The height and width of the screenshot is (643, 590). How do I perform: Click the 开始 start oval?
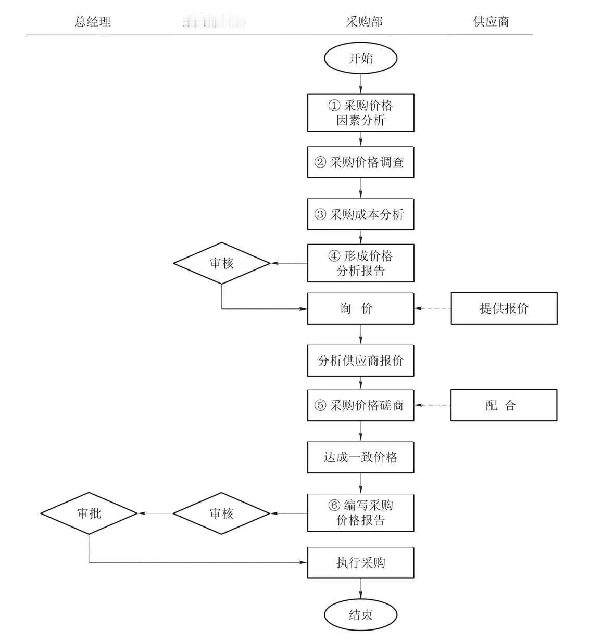pyautogui.click(x=360, y=58)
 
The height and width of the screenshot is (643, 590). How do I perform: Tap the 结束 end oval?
pyautogui.click(x=360, y=615)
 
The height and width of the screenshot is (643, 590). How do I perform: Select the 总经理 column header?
pyautogui.click(x=93, y=22)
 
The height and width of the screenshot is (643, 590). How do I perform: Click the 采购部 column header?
pyautogui.click(x=364, y=22)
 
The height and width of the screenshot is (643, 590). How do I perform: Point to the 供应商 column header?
pyautogui.click(x=491, y=22)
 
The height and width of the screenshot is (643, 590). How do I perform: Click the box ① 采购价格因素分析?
pyautogui.click(x=360, y=112)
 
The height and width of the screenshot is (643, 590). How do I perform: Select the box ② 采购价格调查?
pyautogui.click(x=360, y=162)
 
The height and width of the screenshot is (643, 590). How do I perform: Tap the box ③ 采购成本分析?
pyautogui.click(x=360, y=214)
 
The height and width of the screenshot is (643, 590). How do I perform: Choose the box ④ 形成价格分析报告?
pyautogui.click(x=360, y=263)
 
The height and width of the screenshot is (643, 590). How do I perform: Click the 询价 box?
pyautogui.click(x=360, y=308)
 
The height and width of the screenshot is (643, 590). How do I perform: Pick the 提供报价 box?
pyautogui.click(x=504, y=308)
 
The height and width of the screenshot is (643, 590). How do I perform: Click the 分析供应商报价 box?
pyautogui.click(x=360, y=361)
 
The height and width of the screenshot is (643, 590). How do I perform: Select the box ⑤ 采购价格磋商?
pyautogui.click(x=360, y=405)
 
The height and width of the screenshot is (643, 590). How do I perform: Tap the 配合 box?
pyautogui.click(x=504, y=405)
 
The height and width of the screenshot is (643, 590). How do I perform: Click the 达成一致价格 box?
pyautogui.click(x=360, y=457)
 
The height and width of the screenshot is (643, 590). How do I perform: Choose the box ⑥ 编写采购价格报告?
pyautogui.click(x=360, y=513)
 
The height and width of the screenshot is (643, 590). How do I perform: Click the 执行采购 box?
pyautogui.click(x=360, y=562)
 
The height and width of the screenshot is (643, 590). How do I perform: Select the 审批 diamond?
pyautogui.click(x=89, y=513)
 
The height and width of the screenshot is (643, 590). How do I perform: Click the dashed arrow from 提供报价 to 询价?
pyautogui.click(x=433, y=308)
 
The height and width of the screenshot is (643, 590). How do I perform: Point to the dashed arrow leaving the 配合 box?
pyautogui.click(x=433, y=405)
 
